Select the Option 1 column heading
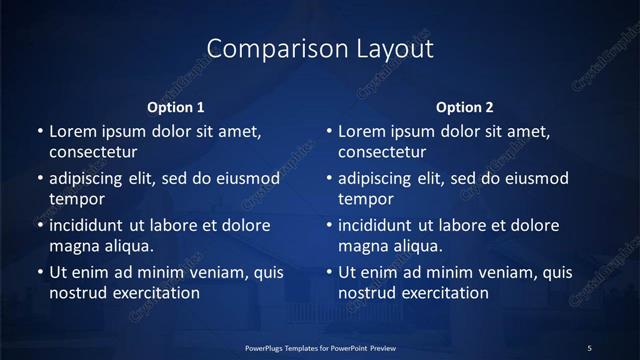tap(176, 108)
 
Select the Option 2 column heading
tap(465, 108)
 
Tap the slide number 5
tap(589, 347)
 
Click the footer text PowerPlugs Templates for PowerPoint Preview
tap(320, 347)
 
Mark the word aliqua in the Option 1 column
tap(126, 246)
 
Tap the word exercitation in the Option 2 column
tap(443, 293)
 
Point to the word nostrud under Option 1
tap(76, 293)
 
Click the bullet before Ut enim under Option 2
tap(329, 272)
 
